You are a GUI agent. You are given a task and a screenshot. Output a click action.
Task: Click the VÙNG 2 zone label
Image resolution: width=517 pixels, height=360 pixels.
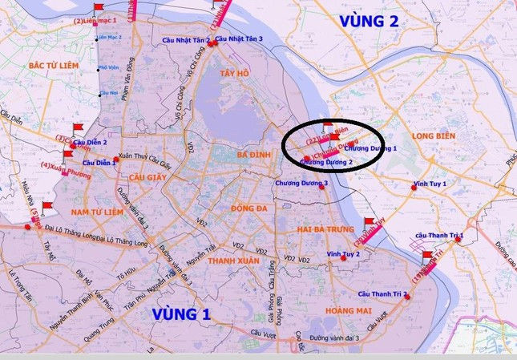[368, 22]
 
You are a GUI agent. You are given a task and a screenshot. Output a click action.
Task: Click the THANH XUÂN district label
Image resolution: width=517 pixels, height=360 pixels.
[231, 261]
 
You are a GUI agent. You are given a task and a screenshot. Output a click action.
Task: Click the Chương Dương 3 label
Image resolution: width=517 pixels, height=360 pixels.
[301, 184]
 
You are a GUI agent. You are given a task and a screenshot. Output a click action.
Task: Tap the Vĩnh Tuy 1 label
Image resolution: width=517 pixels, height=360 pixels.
[430, 184]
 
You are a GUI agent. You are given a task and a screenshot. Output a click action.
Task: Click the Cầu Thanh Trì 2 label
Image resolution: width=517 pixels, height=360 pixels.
[383, 294]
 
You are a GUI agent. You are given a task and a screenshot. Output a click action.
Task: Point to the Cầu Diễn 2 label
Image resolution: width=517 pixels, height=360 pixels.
[95, 142]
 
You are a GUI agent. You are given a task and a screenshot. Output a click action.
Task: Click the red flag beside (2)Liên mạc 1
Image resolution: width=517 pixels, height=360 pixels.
[99, 7]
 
